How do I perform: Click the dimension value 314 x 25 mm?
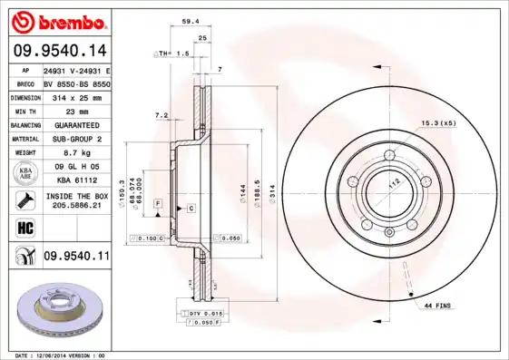pyautogui.click(x=76, y=96)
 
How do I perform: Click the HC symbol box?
pyautogui.click(x=21, y=227)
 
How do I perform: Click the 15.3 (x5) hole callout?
pyautogui.click(x=437, y=122)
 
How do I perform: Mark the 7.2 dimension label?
pyautogui.click(x=162, y=115)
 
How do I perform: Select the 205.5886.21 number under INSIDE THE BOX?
pyautogui.click(x=76, y=206)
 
